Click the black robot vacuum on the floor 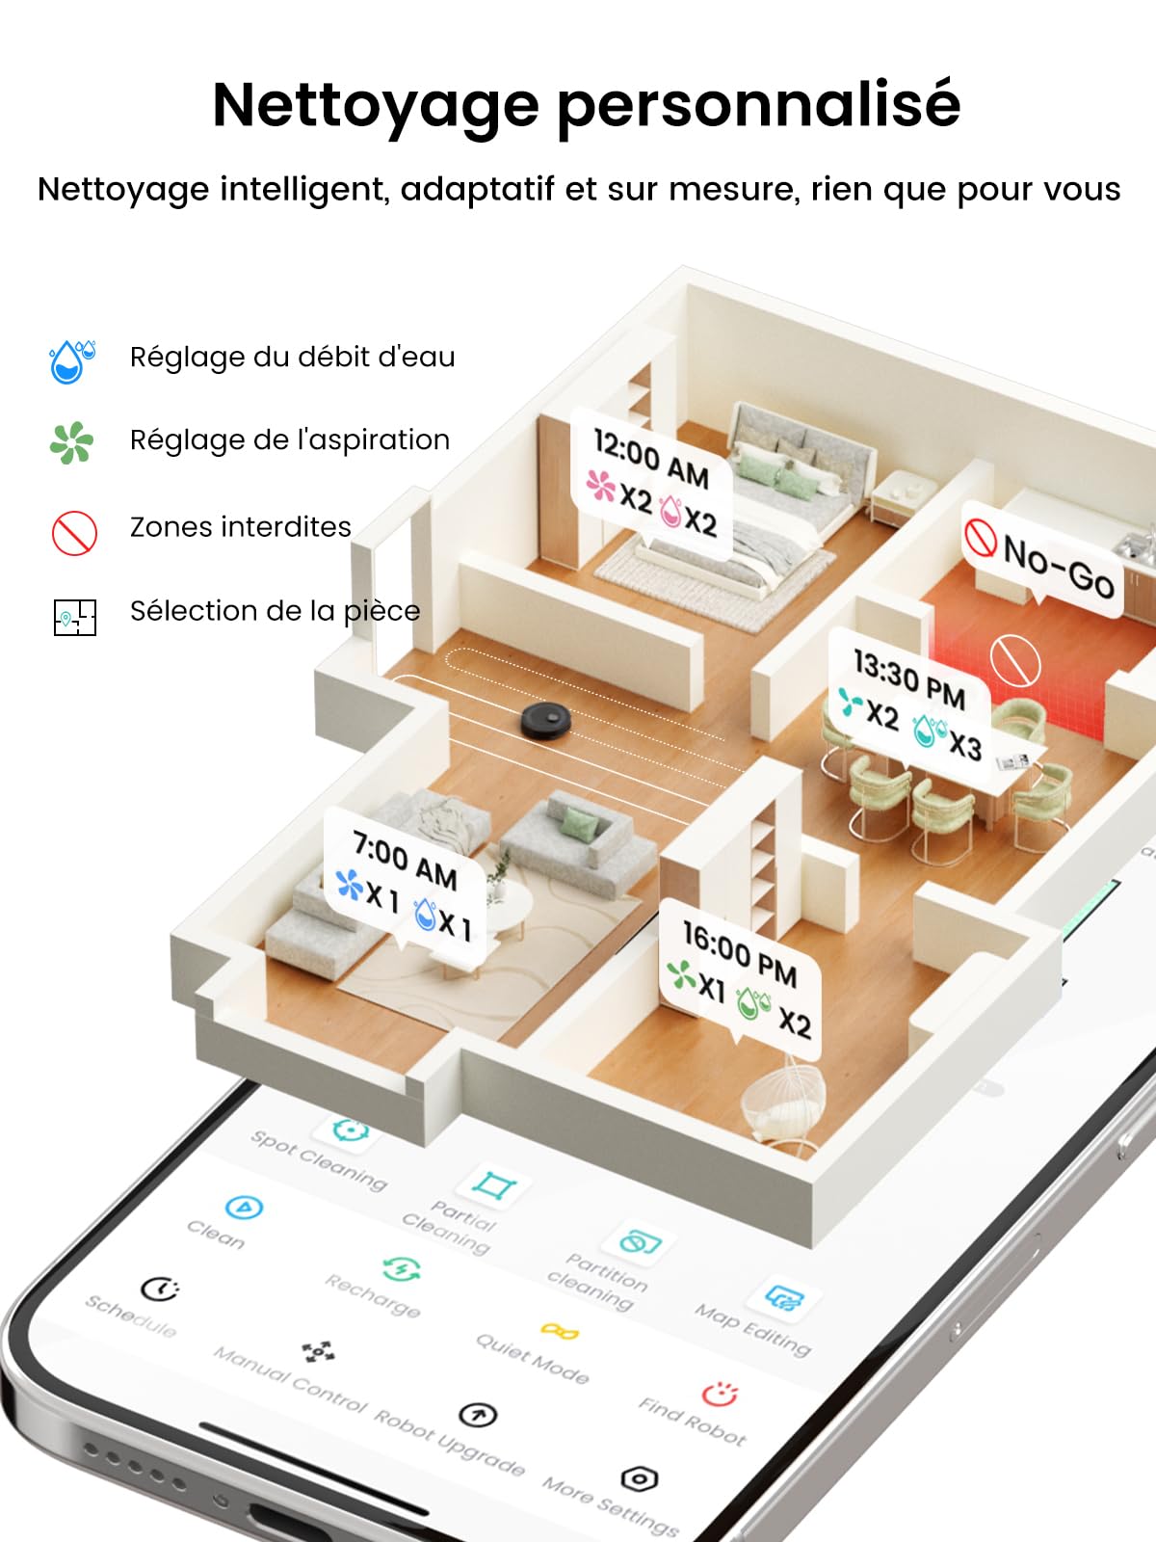point(545,720)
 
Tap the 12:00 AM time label point(651,458)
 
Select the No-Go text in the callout point(1059,567)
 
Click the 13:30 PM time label point(909,678)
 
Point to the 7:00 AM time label point(405,861)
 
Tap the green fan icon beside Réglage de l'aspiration point(71,442)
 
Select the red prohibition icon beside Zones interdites point(74,533)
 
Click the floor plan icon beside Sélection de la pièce point(75,618)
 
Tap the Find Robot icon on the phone point(721,1394)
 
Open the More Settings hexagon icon point(640,1479)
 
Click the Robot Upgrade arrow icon point(478,1415)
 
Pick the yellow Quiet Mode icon point(560,1331)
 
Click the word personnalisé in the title point(759,106)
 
